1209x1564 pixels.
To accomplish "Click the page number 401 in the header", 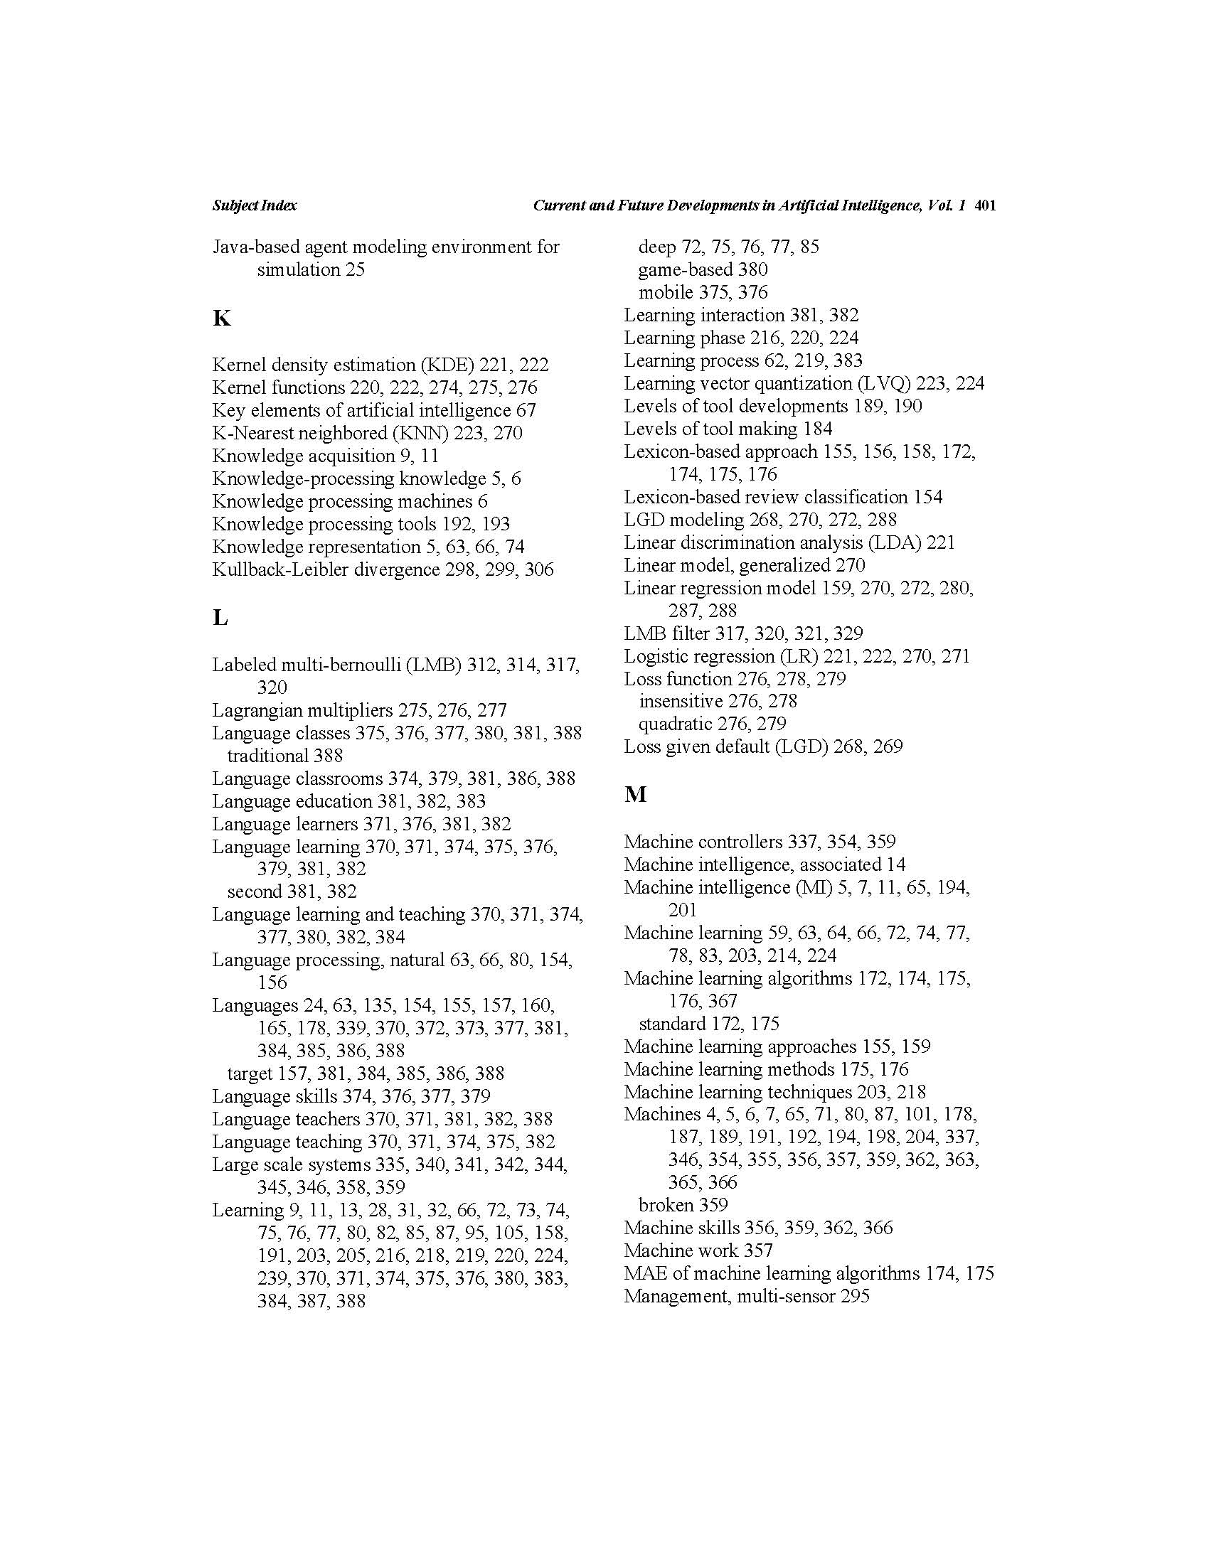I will pos(986,205).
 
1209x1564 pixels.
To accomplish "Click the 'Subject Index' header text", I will pos(255,205).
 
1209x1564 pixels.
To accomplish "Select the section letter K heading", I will pos(221,318).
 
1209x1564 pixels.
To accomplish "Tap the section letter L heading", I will pos(220,617).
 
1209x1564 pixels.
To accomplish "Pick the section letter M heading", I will pos(635,794).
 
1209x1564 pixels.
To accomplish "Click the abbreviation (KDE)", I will pos(447,365).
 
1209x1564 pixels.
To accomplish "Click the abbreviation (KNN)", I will pos(420,433).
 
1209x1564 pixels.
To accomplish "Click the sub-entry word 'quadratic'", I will pos(676,724).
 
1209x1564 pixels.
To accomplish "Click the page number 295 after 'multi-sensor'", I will pos(854,1296).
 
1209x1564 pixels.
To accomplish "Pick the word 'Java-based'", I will pos(255,247).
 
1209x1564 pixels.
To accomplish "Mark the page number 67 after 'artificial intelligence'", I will pos(525,410).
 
